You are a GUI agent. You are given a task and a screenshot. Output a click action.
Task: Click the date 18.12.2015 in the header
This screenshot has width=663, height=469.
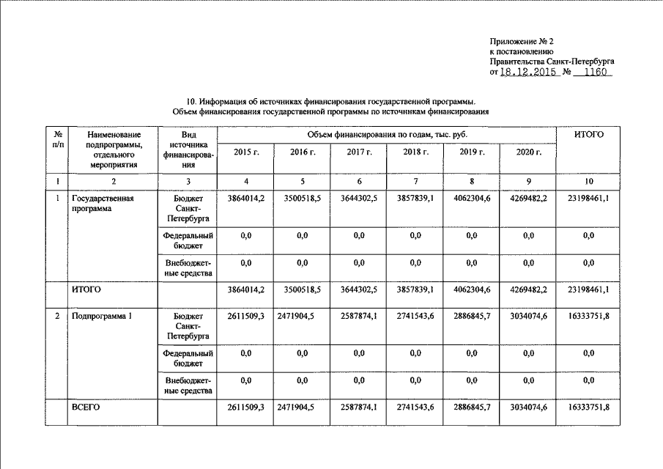[x=524, y=74]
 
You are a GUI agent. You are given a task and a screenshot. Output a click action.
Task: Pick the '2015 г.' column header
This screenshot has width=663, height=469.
[x=245, y=152]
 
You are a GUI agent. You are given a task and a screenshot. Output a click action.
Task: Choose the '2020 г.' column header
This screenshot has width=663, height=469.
[x=528, y=152]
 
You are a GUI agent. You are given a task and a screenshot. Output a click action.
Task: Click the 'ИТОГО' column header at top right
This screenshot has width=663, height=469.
[x=588, y=135]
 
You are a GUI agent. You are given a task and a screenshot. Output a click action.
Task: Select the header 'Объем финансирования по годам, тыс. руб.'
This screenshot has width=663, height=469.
[x=386, y=135]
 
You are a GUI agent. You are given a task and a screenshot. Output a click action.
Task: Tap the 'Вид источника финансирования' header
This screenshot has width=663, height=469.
[x=188, y=150]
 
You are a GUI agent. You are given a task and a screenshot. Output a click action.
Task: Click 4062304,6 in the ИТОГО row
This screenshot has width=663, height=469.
[x=471, y=290]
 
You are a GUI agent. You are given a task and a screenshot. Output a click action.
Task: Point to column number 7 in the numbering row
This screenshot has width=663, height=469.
[x=415, y=181]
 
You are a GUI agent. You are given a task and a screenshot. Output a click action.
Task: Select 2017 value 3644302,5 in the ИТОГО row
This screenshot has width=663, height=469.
[x=358, y=290]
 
